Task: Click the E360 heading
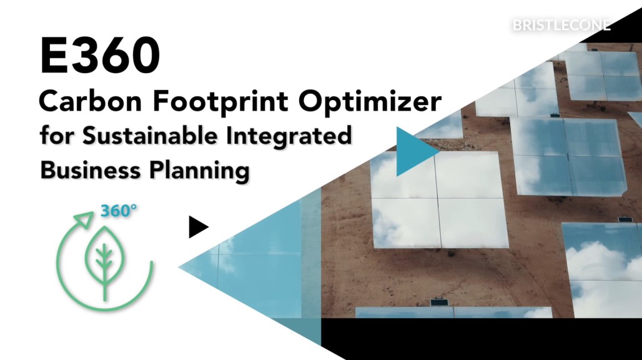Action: pyautogui.click(x=100, y=56)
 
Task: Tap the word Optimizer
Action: pyautogui.click(x=370, y=102)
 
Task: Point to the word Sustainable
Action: pyautogui.click(x=151, y=136)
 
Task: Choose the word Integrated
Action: pyautogui.click(x=289, y=137)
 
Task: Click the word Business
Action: pyautogui.click(x=91, y=169)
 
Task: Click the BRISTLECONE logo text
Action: pyautogui.click(x=561, y=26)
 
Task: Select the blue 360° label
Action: pyautogui.click(x=118, y=211)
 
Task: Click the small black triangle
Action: pyautogui.click(x=199, y=227)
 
